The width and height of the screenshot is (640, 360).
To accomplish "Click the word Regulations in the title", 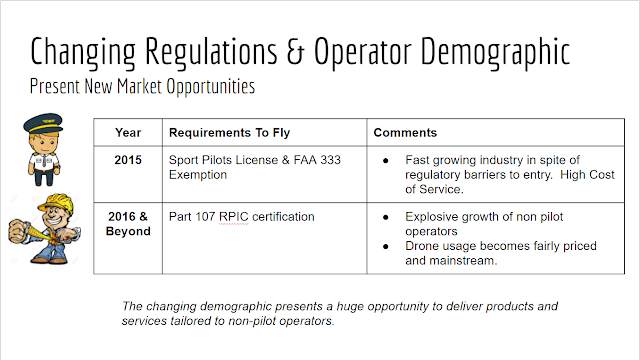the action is [211, 52].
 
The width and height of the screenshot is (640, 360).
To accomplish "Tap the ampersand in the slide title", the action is [296, 51].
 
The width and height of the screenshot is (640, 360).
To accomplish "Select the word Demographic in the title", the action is [495, 52].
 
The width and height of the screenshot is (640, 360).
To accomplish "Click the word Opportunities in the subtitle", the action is [211, 87].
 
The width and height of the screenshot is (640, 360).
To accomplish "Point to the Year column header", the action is [128, 133].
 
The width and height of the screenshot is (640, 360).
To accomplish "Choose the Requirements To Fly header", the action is [229, 133].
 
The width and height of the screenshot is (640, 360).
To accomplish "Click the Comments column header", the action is [405, 133].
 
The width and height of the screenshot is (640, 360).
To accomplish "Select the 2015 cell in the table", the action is [128, 160].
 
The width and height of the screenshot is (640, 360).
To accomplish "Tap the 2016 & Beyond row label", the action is [128, 224].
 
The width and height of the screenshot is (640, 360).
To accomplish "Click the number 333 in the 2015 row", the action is [331, 160].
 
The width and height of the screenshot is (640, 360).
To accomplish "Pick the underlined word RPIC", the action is [233, 217].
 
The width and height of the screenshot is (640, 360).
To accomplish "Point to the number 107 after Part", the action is [205, 217].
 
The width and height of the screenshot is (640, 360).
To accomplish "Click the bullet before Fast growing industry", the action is [386, 161].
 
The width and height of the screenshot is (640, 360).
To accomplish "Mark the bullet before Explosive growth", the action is [386, 218].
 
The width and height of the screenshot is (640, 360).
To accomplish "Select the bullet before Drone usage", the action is [386, 247].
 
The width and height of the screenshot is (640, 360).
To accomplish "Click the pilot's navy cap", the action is [43, 123].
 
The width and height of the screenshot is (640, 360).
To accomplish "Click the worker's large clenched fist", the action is [19, 231].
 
